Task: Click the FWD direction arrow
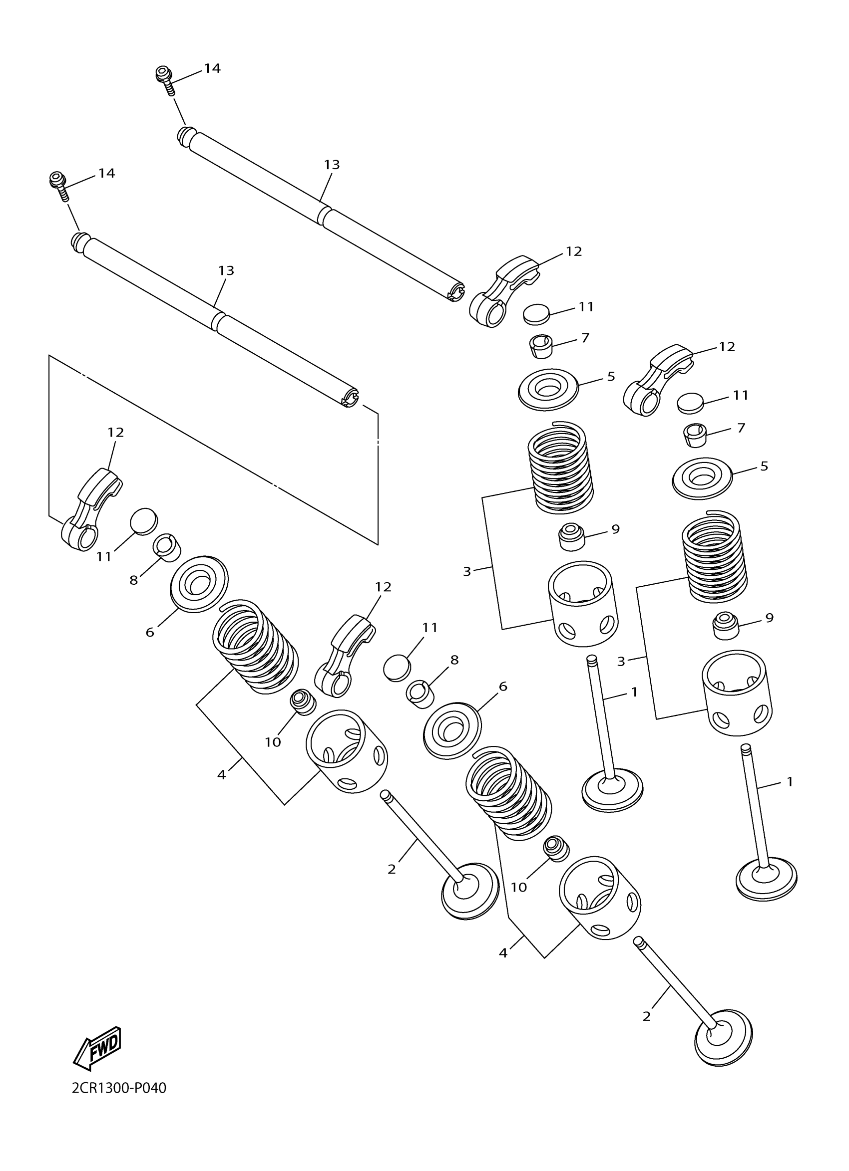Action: click(98, 1049)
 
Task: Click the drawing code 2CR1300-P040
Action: click(119, 1102)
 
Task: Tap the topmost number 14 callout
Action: click(212, 68)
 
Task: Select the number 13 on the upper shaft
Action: click(332, 165)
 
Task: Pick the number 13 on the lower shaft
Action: click(226, 270)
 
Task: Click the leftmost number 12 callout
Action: click(116, 432)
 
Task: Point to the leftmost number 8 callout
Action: click(133, 580)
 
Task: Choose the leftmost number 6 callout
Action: click(150, 632)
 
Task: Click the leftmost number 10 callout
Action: click(272, 742)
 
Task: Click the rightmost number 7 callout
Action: click(741, 428)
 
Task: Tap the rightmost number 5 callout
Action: click(764, 466)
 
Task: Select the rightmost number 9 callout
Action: click(769, 618)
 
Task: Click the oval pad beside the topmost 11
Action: click(536, 313)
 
